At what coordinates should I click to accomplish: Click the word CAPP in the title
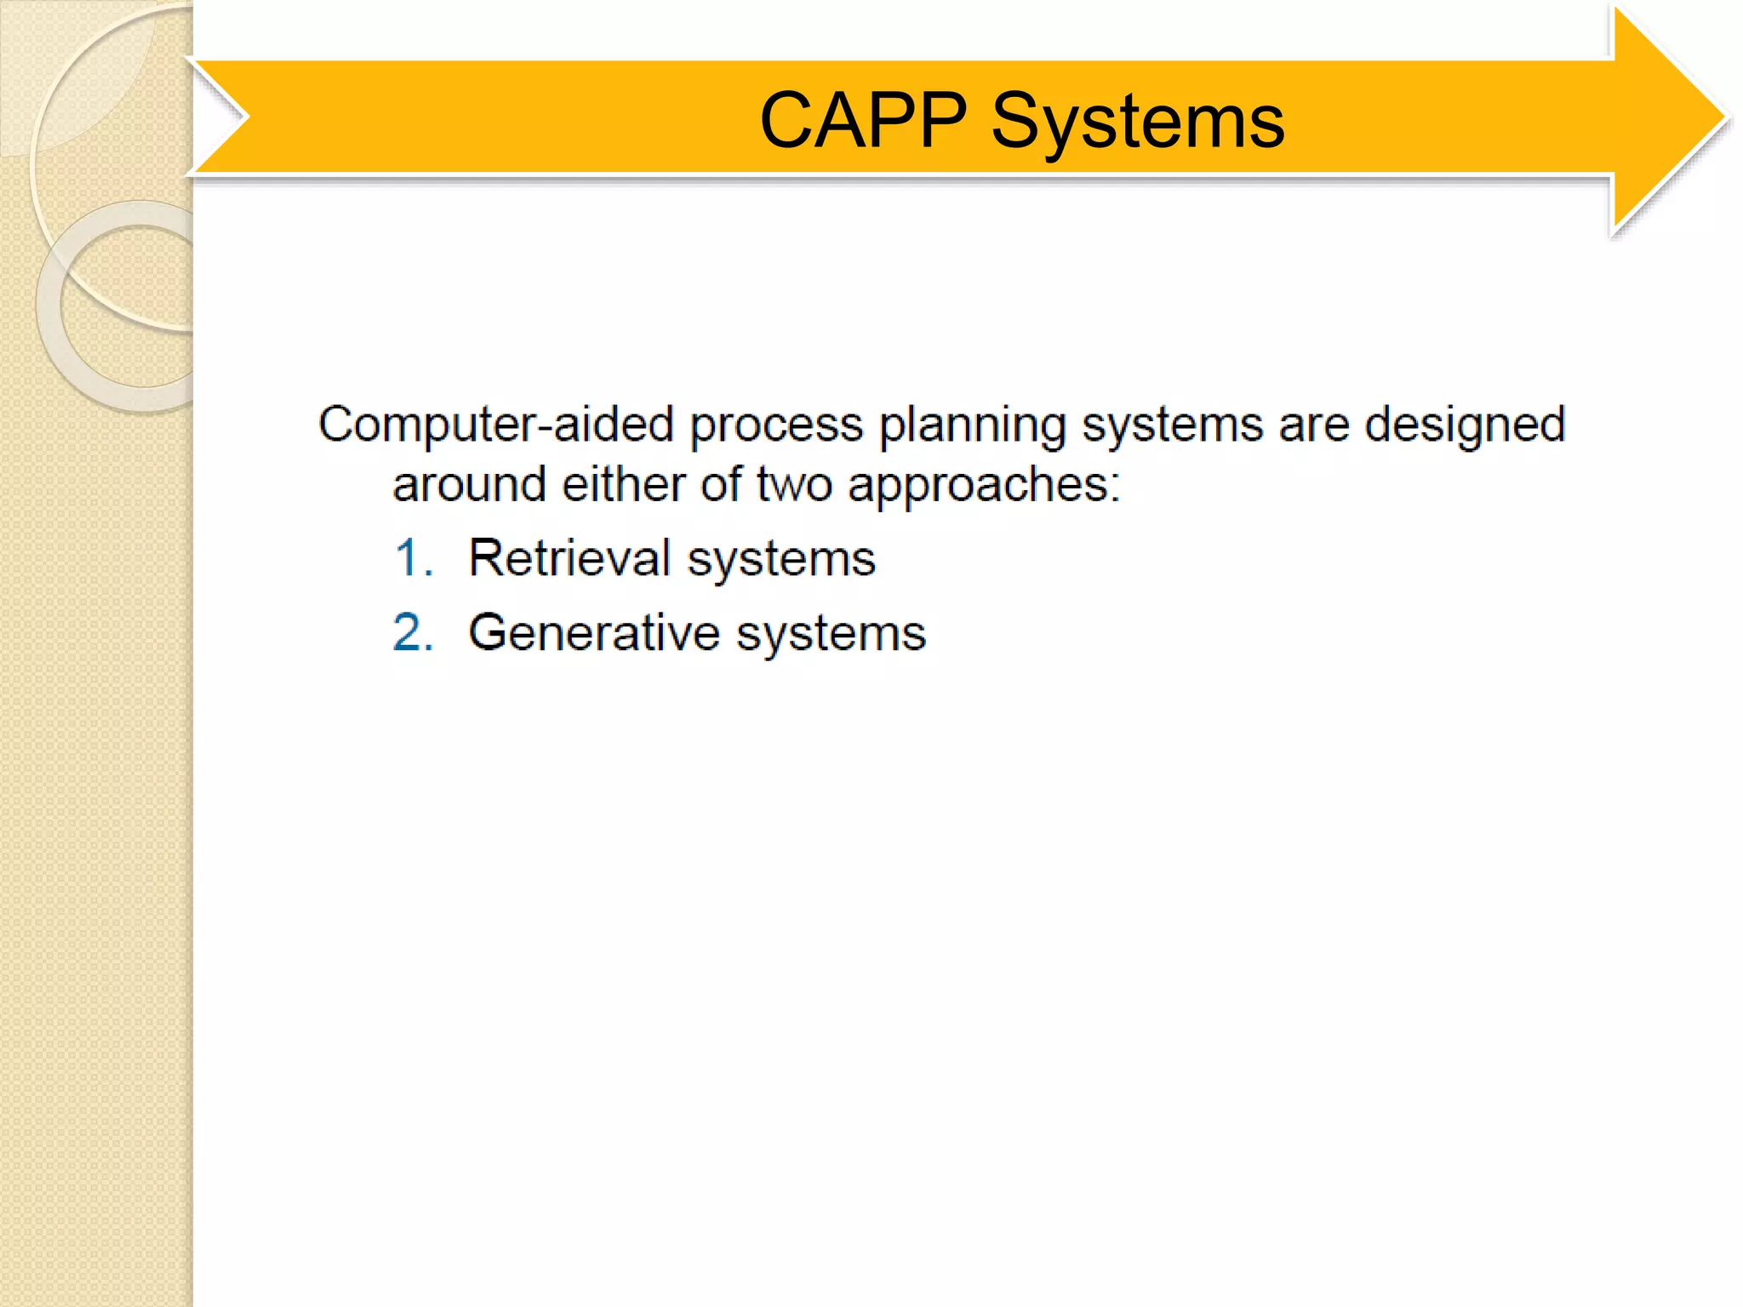862,121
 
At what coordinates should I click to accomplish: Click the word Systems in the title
1137,121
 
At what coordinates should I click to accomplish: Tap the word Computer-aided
496,424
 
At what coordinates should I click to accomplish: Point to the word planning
971,425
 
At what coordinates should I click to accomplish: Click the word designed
1465,425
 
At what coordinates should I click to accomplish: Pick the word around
469,485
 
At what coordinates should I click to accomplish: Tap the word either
623,485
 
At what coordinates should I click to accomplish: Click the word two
794,485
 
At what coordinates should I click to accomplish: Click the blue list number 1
414,558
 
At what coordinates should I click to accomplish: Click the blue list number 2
414,633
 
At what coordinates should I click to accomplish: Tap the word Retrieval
569,558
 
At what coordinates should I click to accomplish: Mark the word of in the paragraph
721,485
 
